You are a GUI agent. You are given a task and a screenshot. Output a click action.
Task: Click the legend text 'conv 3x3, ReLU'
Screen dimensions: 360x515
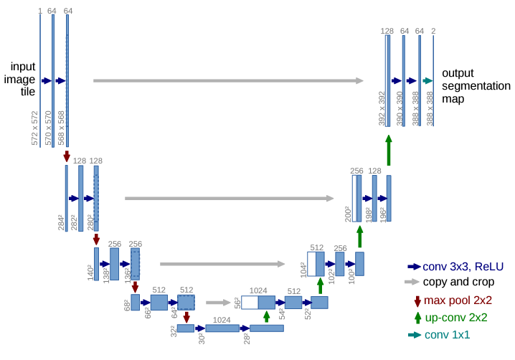[x=463, y=266]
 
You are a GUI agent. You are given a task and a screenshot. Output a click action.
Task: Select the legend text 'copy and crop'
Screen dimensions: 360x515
[x=458, y=282]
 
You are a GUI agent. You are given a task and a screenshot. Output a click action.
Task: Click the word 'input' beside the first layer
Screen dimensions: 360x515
[x=22, y=66]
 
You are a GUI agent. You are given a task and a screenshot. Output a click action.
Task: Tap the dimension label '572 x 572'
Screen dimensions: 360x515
[x=34, y=129]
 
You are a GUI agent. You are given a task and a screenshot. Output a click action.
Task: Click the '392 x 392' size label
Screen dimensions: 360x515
[x=382, y=109]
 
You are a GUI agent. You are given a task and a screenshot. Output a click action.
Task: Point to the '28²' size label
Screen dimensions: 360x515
[x=245, y=337]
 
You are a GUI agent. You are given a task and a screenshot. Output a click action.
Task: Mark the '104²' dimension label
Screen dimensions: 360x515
[x=303, y=269]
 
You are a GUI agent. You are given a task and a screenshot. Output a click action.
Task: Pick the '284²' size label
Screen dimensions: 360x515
[x=61, y=222]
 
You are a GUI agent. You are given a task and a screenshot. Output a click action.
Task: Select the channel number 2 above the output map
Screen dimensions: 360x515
[x=433, y=31]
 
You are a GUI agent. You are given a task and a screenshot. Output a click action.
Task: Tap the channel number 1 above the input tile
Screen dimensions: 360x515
[x=40, y=11]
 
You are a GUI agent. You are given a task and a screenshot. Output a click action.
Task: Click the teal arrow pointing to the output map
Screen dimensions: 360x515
[x=427, y=81]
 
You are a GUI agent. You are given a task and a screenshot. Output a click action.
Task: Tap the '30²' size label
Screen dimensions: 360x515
[x=202, y=337]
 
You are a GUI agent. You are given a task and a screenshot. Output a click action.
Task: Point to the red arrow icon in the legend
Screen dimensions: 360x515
[x=417, y=300]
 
